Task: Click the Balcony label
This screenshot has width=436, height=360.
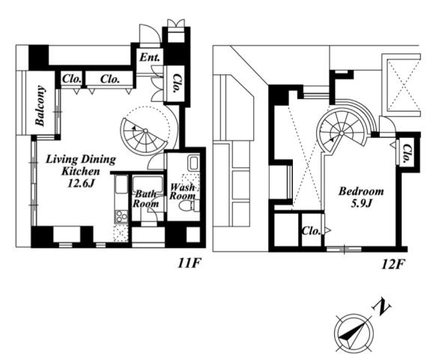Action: coord(40,106)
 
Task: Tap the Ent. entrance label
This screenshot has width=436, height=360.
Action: coord(150,57)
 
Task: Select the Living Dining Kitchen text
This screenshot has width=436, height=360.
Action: coord(81,165)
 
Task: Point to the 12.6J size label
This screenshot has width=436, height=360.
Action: coord(82,183)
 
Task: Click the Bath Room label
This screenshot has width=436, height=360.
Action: coord(145,199)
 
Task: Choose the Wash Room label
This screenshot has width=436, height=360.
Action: coord(182,191)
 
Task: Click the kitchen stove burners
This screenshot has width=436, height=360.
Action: coord(121,216)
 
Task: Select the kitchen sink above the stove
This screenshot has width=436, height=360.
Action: coord(121,184)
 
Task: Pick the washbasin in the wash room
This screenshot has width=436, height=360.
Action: coord(193,163)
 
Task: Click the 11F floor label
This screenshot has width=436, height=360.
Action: coord(189,263)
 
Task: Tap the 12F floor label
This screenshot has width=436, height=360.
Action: coord(392,265)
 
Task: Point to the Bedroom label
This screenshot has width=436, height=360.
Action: coord(361,191)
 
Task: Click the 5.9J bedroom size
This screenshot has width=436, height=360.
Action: coord(361,204)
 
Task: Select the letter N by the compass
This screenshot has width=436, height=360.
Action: coord(381,307)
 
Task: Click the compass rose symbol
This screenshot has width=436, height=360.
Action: coord(354,333)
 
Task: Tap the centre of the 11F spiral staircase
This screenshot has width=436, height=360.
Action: coord(145,130)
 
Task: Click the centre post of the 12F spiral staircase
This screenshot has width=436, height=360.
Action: coord(342,133)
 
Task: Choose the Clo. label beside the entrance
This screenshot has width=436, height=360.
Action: coord(175,83)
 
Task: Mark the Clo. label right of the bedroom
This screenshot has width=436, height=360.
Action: coord(406,153)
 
